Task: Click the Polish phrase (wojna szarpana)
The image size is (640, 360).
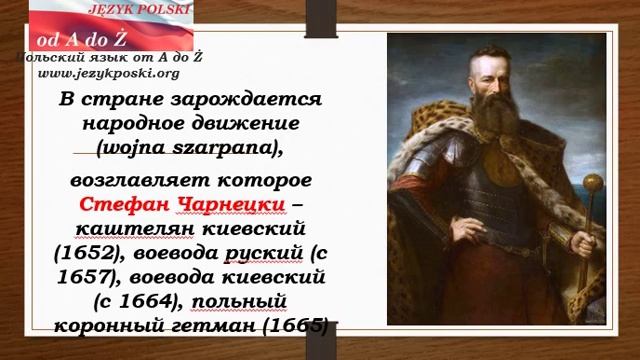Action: tap(189, 147)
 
